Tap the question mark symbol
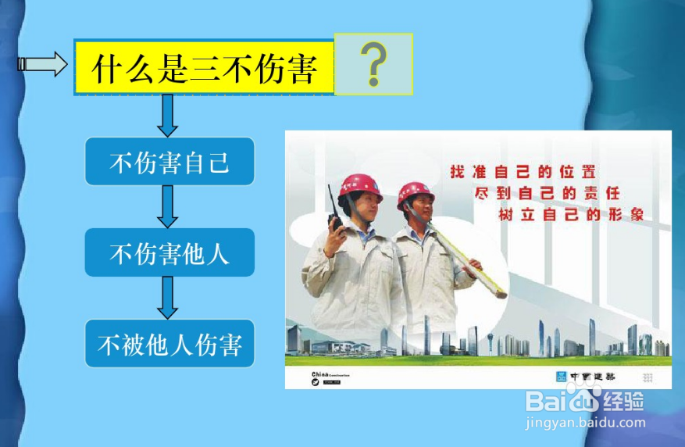pos(374,64)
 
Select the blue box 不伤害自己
pos(169,162)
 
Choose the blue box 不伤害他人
pos(169,252)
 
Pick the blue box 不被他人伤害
pos(169,343)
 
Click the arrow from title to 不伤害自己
pos(168,116)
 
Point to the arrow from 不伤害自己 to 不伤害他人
pos(168,206)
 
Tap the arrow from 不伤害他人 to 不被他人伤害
pos(168,297)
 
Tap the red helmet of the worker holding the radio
pos(359,186)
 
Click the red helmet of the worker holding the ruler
pos(415,193)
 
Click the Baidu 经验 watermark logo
pos(585,402)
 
